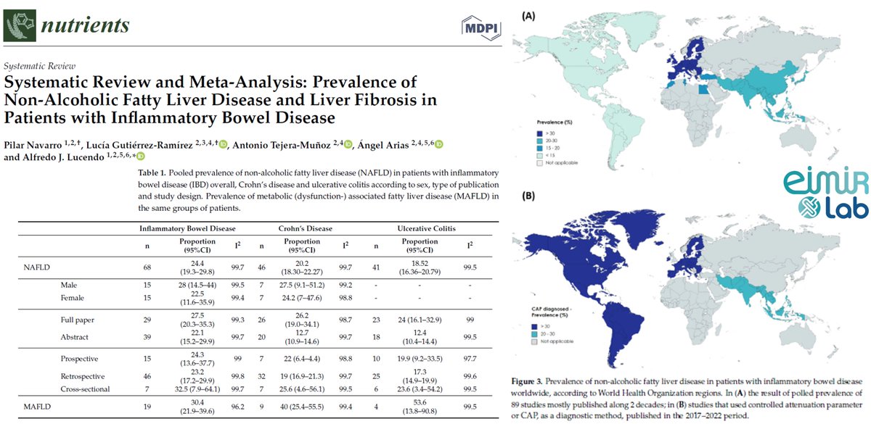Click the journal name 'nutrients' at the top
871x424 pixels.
pyautogui.click(x=85, y=25)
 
